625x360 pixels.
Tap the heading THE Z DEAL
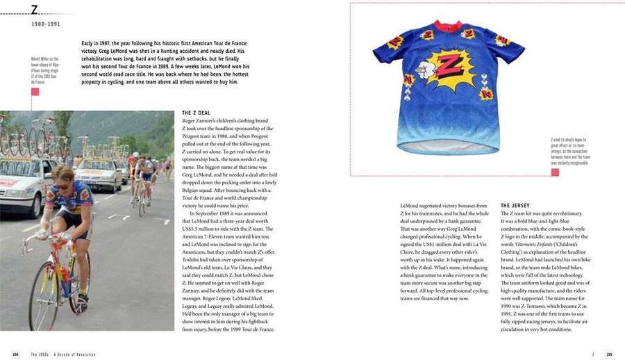coord(196,113)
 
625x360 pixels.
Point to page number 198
coord(15,354)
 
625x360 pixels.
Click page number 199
coord(608,354)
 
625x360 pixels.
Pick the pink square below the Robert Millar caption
coord(35,92)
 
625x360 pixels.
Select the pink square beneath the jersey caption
coord(555,172)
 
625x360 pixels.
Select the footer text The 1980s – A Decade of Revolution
coord(62,354)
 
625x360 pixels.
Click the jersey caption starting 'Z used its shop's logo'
coord(569,150)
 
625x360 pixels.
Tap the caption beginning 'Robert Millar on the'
coord(44,70)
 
